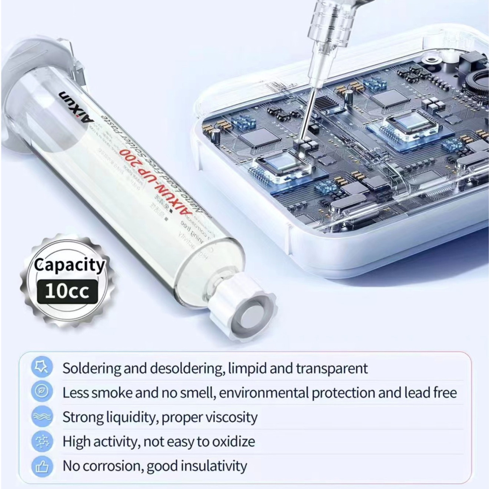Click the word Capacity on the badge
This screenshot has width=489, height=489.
(69, 265)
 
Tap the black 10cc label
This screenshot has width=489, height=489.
(67, 291)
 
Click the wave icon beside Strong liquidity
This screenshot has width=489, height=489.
(41, 416)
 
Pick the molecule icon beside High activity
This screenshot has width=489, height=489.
(41, 442)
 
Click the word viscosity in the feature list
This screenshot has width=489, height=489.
(231, 417)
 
